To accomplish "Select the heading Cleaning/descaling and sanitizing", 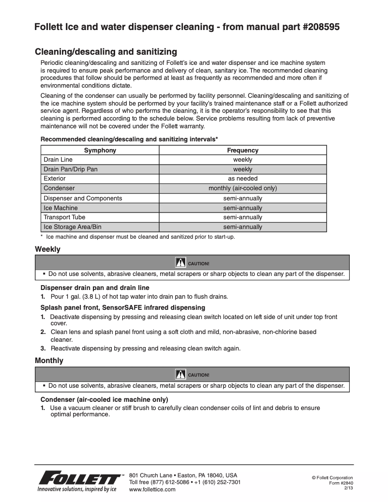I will coord(106,52).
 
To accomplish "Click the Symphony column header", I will coord(100,150).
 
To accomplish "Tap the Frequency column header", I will coord(243,150).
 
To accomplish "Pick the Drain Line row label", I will coord(58,160).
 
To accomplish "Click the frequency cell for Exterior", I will coord(243,179).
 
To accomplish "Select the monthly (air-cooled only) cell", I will coord(243,188).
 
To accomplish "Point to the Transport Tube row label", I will coord(64,217).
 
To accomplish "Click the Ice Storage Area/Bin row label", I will coord(73,227).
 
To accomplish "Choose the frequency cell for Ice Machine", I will coord(243,208).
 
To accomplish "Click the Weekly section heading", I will coord(47,249).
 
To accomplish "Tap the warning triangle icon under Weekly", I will coord(180,263).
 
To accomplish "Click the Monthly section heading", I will coord(49,361).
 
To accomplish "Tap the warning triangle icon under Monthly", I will coord(180,374).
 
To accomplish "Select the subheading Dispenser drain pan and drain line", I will coord(95,288).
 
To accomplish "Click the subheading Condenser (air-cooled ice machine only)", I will coord(104,400).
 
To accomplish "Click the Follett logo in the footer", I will coord(80,480).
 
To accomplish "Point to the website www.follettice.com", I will coord(152,489).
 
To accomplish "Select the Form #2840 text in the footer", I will coord(341,483).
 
